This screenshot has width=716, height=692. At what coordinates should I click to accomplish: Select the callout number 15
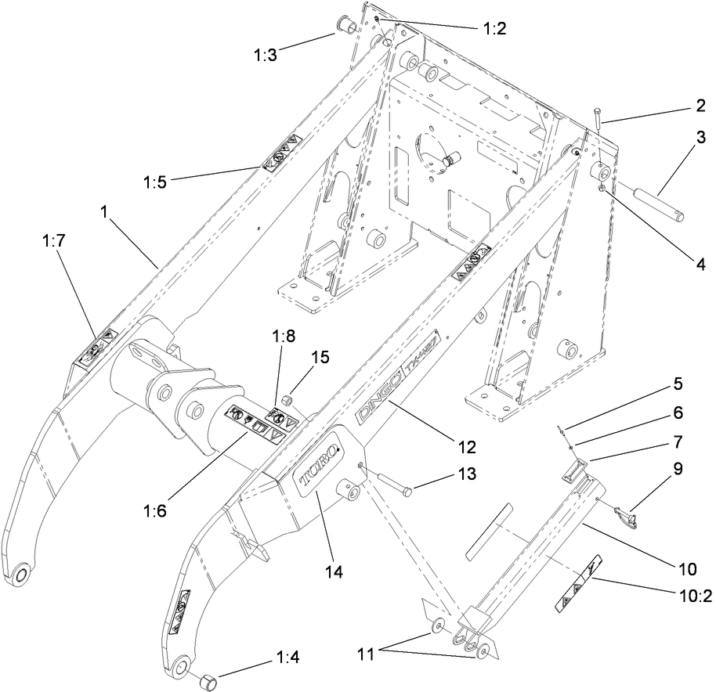320,357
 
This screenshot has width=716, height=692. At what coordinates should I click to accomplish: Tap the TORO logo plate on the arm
318,465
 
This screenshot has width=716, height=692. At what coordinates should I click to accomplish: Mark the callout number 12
467,447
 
